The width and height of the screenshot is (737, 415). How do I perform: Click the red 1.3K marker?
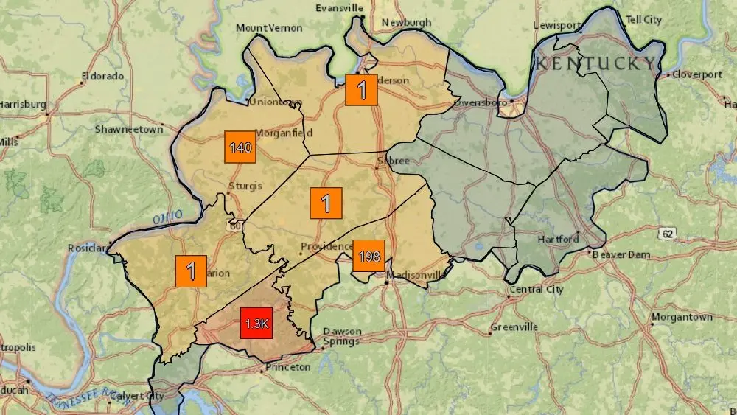(x=256, y=324)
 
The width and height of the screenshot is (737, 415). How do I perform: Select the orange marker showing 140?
(x=240, y=147)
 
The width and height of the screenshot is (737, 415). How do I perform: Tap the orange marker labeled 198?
(x=368, y=257)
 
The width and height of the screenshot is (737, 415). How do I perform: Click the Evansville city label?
(x=340, y=8)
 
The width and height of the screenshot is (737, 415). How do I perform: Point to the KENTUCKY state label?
(x=595, y=63)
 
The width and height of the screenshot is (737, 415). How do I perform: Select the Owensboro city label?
(x=480, y=102)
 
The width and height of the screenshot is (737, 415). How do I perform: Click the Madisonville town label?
(x=418, y=275)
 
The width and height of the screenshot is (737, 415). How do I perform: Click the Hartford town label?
(x=559, y=239)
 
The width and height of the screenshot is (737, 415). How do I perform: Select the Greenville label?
(x=515, y=327)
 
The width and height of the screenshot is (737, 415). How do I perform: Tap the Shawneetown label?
(x=128, y=129)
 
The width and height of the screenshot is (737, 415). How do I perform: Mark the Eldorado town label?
(x=104, y=75)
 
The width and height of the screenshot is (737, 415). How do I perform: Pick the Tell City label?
(x=643, y=20)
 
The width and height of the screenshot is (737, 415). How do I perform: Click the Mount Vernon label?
(x=269, y=28)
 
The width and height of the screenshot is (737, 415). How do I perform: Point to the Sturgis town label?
(x=245, y=186)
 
